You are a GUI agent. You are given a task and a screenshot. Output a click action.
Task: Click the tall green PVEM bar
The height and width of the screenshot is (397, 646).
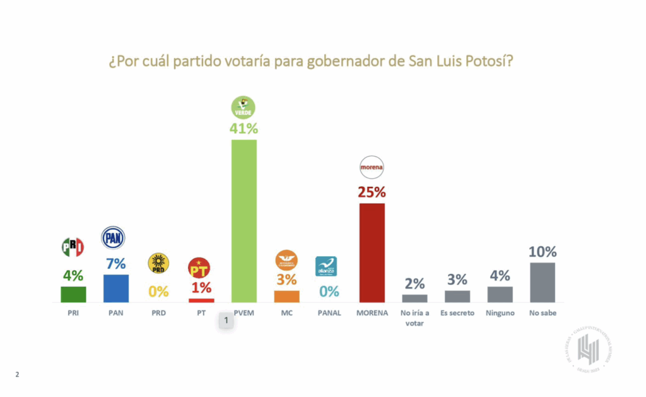244,221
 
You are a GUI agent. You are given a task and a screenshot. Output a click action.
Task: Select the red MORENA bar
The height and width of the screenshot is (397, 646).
372,252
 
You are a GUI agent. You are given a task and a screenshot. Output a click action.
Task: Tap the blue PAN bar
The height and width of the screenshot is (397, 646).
116,288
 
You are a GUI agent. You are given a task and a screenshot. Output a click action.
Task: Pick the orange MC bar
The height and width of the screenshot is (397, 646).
286,297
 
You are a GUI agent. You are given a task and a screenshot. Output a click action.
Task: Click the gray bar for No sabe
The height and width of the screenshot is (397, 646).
542,283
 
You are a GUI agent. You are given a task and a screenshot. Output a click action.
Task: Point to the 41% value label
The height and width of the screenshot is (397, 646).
244,128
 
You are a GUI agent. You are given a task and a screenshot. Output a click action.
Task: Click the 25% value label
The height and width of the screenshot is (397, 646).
372,192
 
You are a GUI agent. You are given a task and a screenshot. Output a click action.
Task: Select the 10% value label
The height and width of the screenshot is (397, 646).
542,252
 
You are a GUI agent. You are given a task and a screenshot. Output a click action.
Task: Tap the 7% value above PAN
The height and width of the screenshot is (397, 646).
116,264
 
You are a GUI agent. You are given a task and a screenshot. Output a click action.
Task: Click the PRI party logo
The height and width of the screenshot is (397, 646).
73,247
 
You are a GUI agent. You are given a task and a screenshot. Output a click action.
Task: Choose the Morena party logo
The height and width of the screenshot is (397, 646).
372,168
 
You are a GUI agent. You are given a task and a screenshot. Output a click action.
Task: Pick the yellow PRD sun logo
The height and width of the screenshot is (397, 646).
158,264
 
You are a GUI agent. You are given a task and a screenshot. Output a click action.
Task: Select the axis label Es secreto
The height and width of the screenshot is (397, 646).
457,313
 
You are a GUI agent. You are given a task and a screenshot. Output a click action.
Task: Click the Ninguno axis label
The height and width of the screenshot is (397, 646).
500,313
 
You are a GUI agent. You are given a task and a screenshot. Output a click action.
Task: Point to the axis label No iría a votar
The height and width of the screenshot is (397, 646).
414,317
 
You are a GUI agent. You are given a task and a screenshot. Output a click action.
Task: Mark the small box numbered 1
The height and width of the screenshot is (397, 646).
226,321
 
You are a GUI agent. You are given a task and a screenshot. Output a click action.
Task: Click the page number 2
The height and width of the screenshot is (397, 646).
17,375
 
